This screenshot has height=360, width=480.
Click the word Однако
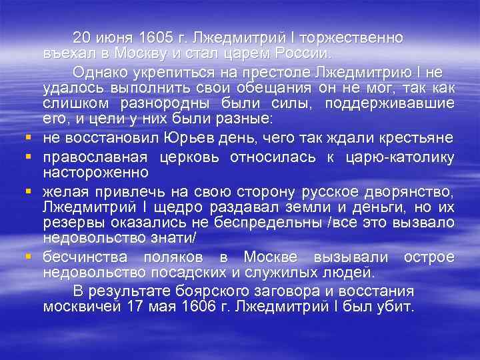click(100, 71)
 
